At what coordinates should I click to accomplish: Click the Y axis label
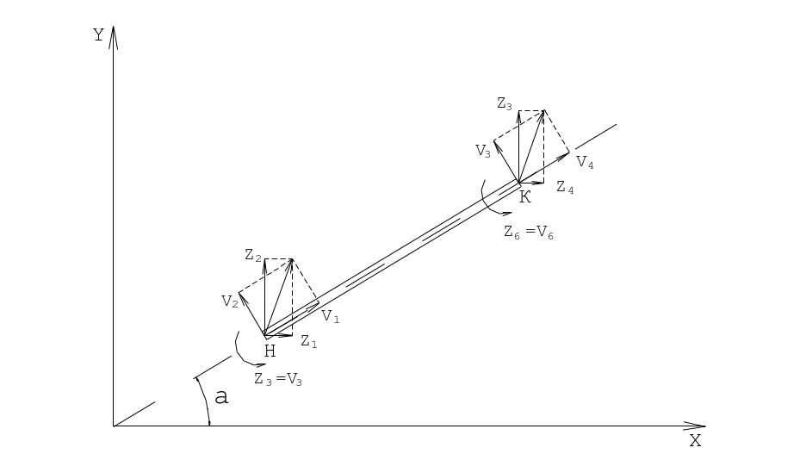[98, 35]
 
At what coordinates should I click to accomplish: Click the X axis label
[695, 440]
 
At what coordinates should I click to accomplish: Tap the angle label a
[221, 397]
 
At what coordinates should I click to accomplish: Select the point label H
[270, 351]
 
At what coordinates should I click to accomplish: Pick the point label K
[524, 197]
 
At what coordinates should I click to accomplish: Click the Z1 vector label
[309, 341]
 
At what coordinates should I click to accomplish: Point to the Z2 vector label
[253, 255]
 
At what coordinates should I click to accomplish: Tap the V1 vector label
[331, 317]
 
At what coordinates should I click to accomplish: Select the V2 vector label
[230, 301]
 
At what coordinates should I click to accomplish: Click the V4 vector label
[585, 163]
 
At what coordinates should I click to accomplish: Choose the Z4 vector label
[565, 188]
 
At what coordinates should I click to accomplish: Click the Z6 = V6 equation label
[529, 233]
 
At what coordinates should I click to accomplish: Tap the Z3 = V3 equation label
[278, 380]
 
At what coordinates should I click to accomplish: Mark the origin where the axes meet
[114, 426]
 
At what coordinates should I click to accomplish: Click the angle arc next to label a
[205, 401]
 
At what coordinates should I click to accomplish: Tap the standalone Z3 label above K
[505, 104]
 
